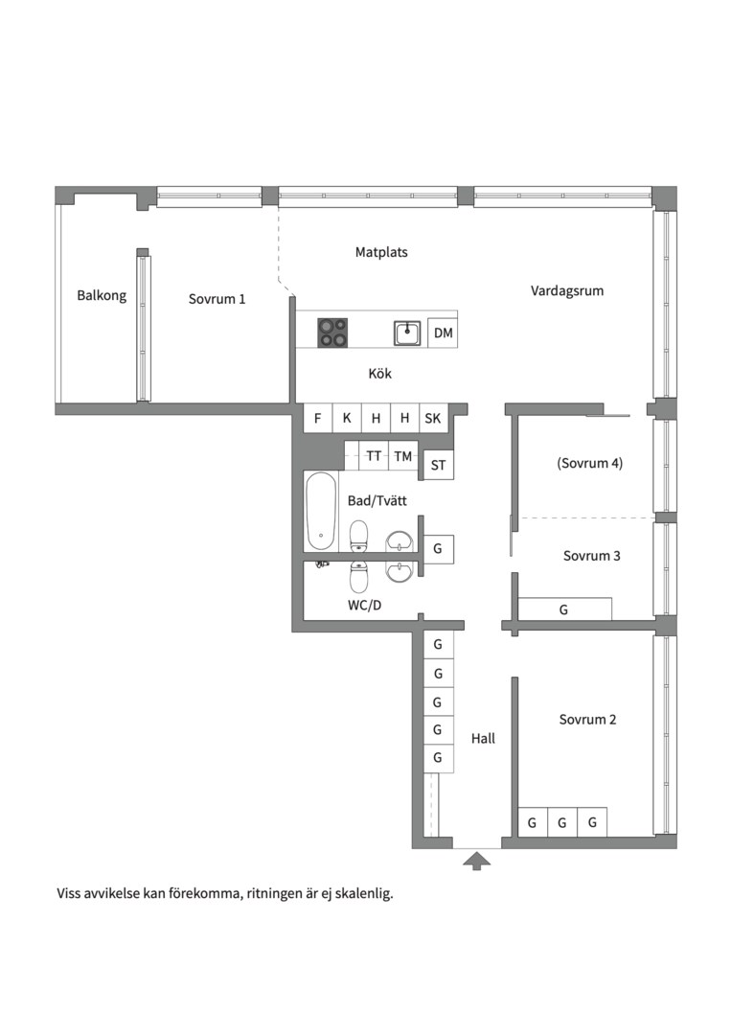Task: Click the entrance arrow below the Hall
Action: [x=476, y=861]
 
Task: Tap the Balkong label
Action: [x=102, y=295]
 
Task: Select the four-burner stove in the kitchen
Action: [x=332, y=333]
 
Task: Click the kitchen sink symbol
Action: [x=407, y=333]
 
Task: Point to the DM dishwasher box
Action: [x=443, y=333]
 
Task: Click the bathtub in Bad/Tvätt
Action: [x=321, y=510]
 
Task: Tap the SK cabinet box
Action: [x=433, y=418]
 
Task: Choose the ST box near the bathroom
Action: [x=438, y=465]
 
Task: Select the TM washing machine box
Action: [x=403, y=456]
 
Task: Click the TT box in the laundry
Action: [x=374, y=456]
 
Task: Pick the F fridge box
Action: [x=317, y=418]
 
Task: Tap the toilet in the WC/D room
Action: [x=359, y=577]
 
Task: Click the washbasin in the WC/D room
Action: [x=399, y=571]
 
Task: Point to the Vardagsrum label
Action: [x=567, y=290]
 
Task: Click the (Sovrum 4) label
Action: [x=590, y=463]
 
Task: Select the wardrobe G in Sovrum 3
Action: [x=564, y=609]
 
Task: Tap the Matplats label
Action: [x=381, y=251]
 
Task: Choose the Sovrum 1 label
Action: [x=217, y=298]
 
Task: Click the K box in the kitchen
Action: [x=347, y=418]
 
